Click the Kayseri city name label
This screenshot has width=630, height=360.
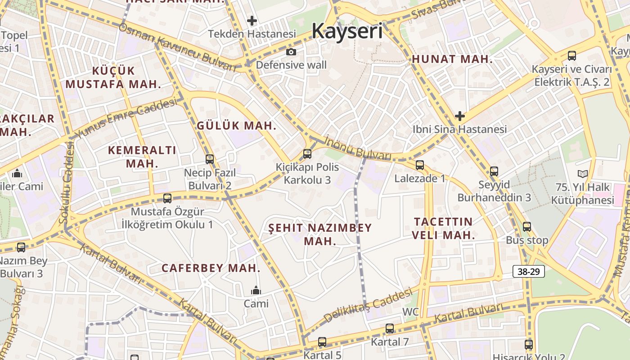coord(347,31)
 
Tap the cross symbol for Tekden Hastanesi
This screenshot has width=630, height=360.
coord(252,20)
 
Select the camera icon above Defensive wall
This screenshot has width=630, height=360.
coord(291,52)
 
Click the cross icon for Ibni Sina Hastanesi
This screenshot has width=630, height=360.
coord(459,116)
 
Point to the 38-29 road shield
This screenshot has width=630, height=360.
coord(529,271)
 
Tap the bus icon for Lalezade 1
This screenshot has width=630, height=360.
coord(420,165)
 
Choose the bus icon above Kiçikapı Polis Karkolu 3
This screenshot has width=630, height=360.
coord(307,154)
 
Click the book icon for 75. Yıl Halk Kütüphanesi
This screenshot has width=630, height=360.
coord(582,174)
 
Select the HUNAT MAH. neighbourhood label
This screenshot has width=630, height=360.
coord(452,59)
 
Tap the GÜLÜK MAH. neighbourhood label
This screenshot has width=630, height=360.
coord(237,126)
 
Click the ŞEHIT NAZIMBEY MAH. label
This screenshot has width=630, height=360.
coord(320,234)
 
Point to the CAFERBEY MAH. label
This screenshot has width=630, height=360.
coord(211,268)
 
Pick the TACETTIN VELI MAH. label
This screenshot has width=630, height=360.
coord(443,228)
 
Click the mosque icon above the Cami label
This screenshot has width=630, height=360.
coord(256,290)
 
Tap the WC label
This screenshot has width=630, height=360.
coord(410,312)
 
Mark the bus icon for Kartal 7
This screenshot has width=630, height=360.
coord(390,328)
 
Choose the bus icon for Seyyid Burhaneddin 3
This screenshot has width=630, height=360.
coord(494,171)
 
